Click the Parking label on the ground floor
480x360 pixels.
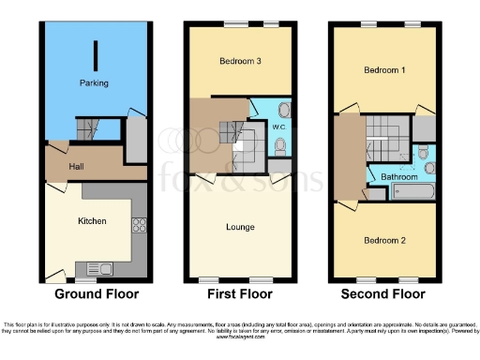click(x=94, y=83)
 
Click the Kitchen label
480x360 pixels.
click(x=91, y=221)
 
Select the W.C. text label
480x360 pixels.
click(x=278, y=126)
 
